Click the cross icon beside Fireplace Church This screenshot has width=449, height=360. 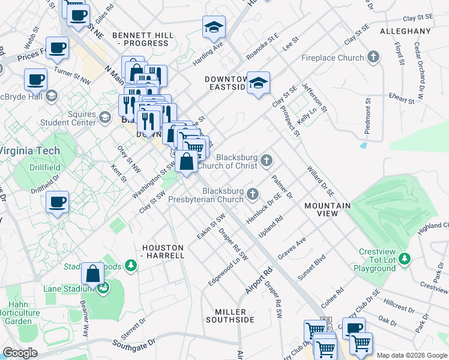pyautogui.click(x=374, y=58)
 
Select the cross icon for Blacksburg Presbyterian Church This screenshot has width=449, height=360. pyautogui.click(x=253, y=194)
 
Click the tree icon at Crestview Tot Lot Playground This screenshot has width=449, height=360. pyautogui.click(x=405, y=258)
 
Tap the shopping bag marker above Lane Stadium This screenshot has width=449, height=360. pyautogui.click(x=93, y=274)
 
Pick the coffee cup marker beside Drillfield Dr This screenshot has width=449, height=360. pyautogui.click(x=58, y=202)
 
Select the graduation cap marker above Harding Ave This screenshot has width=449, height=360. pyautogui.click(x=212, y=28)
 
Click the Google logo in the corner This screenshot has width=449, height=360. pyautogui.click(x=20, y=353)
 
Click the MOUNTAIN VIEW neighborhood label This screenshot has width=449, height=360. pyautogui.click(x=327, y=209)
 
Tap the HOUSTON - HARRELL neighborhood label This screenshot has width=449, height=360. pyautogui.click(x=163, y=251)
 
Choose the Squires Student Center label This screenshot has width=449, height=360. pyautogui.click(x=68, y=118)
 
